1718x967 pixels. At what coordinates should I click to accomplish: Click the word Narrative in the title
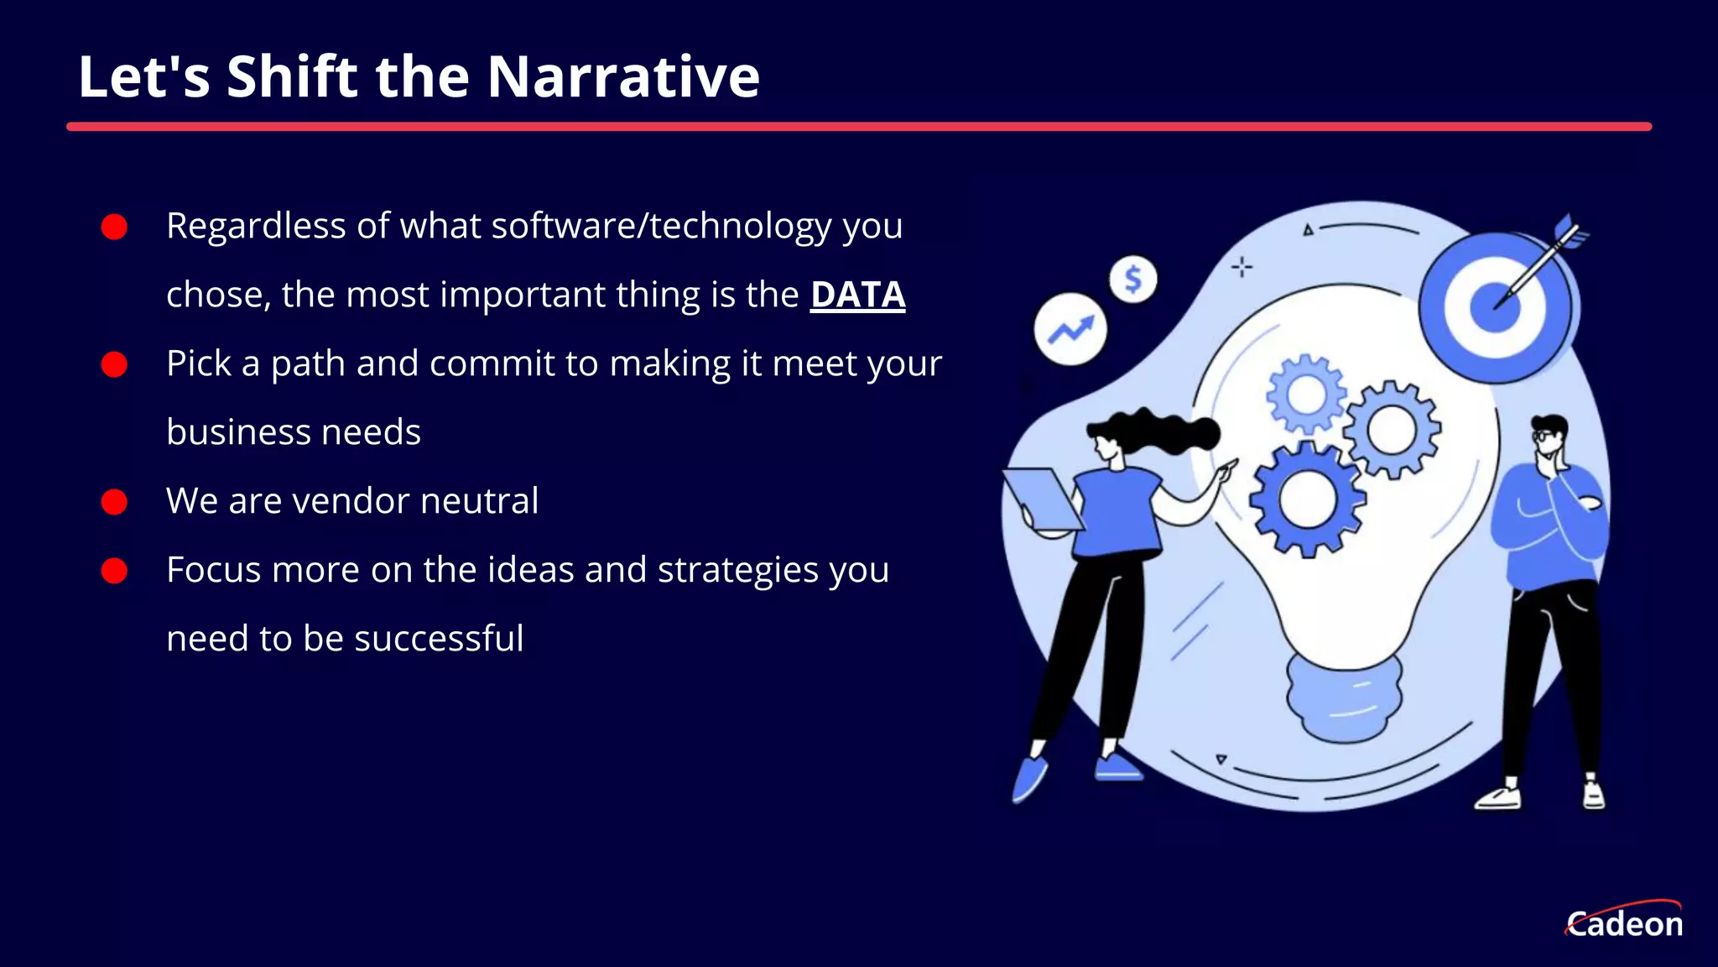(x=622, y=77)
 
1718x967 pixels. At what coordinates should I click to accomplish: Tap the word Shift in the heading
(x=292, y=77)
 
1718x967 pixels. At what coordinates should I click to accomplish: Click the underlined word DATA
(x=857, y=295)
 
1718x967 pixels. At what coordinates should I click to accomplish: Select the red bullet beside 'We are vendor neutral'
(x=114, y=502)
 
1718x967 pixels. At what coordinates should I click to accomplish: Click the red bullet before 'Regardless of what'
(x=114, y=227)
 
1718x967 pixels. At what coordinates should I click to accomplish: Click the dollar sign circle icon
(x=1132, y=279)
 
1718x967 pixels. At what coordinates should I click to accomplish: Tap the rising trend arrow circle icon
(x=1070, y=329)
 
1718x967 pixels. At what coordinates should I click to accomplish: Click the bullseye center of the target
(x=1495, y=306)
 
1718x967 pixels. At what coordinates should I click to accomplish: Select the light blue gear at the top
(x=1305, y=395)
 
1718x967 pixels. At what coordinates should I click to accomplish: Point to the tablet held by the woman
(x=1043, y=499)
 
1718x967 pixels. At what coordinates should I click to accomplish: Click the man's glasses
(x=1544, y=436)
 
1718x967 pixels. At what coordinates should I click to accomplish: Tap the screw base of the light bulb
(x=1344, y=698)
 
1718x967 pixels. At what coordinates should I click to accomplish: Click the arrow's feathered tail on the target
(x=1571, y=230)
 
